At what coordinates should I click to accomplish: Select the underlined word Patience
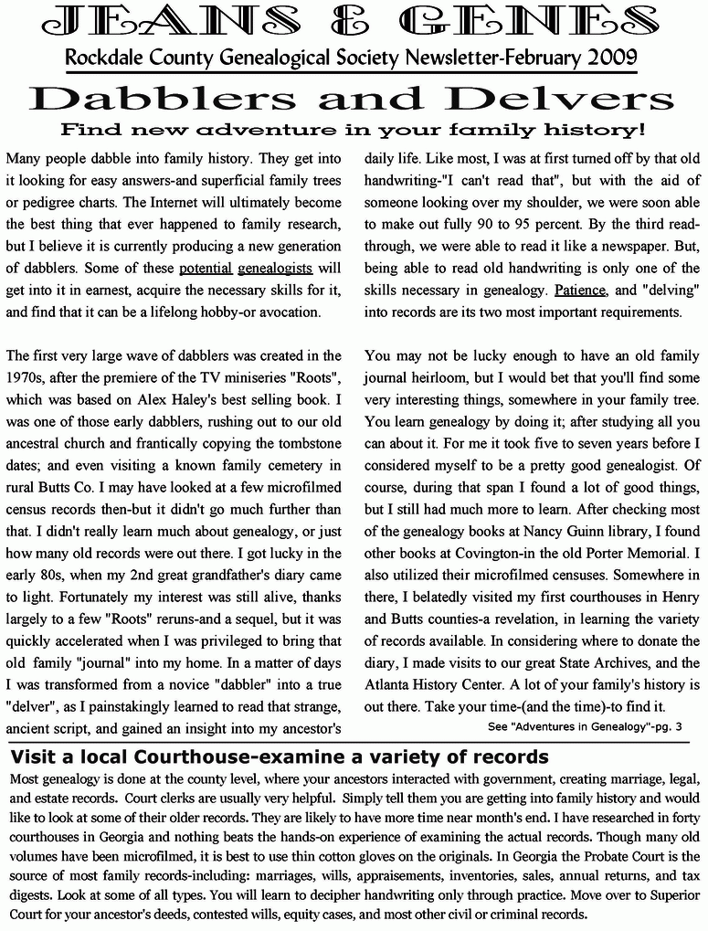coord(580,290)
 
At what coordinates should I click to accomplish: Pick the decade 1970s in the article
coord(29,377)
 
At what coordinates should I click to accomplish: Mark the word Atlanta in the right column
coord(389,684)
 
